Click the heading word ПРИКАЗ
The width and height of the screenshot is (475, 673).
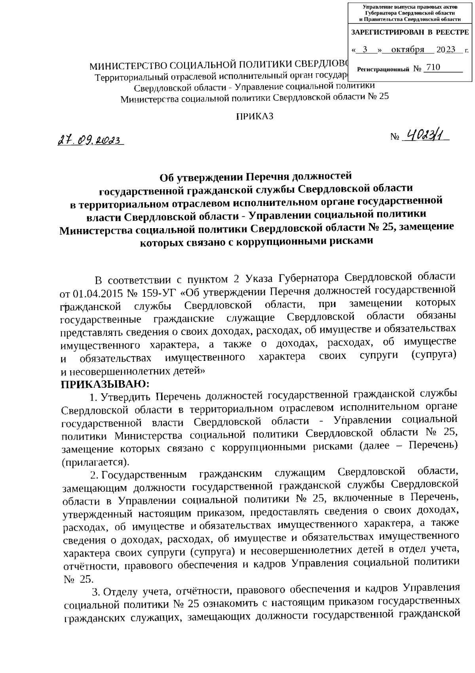point(255,116)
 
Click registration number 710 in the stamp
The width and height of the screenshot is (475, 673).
point(433,68)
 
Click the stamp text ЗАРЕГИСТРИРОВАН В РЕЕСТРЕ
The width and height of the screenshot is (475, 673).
point(410,32)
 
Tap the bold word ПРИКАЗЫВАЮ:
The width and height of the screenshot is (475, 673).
point(105,383)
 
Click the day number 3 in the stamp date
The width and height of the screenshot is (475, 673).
point(365,50)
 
